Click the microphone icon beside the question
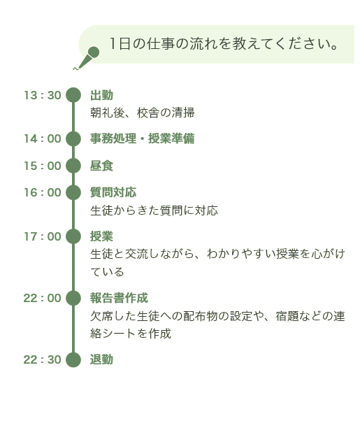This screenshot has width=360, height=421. [x=87, y=58]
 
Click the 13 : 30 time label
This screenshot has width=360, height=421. [x=43, y=95]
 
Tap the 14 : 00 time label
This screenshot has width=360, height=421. [x=43, y=138]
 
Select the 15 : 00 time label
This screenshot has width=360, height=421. [x=43, y=166]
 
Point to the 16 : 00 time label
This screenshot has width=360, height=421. [x=43, y=192]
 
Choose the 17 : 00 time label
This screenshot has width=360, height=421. [x=43, y=236]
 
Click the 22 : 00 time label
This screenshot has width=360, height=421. [x=43, y=298]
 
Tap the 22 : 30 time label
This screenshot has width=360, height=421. [x=43, y=359]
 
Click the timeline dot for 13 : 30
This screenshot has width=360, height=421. [x=73, y=95]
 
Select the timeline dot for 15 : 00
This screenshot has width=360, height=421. [x=73, y=166]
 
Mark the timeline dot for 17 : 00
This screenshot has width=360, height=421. [x=73, y=236]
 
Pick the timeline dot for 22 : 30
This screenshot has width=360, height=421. [x=73, y=359]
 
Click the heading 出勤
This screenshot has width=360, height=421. [x=101, y=95]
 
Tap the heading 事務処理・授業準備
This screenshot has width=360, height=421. [x=143, y=138]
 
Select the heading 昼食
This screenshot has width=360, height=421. [x=101, y=166]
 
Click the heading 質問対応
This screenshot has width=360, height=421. [x=113, y=192]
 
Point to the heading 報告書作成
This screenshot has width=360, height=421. [x=119, y=298]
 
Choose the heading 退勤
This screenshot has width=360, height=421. [x=101, y=359]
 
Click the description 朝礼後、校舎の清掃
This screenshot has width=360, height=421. [x=143, y=113]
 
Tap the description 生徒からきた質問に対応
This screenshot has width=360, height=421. [x=154, y=210]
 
